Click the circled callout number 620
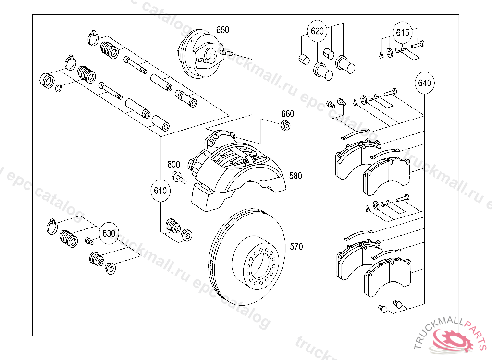point(317,32)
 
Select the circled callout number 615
point(403,33)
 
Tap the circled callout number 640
point(424,83)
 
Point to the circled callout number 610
point(160,191)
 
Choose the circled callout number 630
point(109,234)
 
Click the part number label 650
point(222,30)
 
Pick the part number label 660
point(287,114)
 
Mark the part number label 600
point(173,164)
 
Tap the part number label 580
point(295,176)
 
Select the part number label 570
point(296,247)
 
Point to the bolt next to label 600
point(179,178)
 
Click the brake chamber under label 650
point(198,57)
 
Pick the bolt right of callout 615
point(418,44)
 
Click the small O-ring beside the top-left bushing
point(59,87)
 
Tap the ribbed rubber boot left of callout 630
point(68,239)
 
